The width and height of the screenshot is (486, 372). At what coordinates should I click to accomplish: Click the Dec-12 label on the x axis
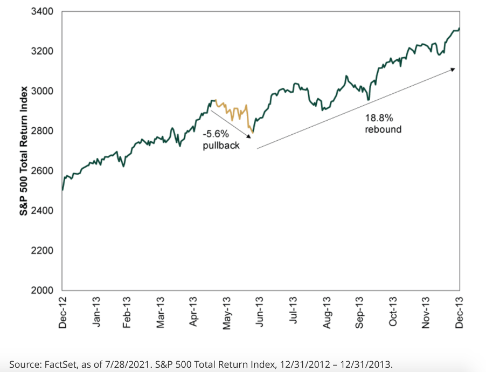point(63,312)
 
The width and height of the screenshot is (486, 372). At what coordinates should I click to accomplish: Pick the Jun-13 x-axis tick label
point(259,312)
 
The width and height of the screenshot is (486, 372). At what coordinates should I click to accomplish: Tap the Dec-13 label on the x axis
point(460,312)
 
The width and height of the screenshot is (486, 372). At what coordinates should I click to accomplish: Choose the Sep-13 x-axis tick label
point(360,312)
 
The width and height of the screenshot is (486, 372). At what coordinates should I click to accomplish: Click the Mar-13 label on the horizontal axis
point(161,312)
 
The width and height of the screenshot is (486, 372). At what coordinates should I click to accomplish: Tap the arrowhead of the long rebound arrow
point(454,69)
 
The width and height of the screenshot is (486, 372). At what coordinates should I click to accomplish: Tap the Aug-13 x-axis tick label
point(327,312)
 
